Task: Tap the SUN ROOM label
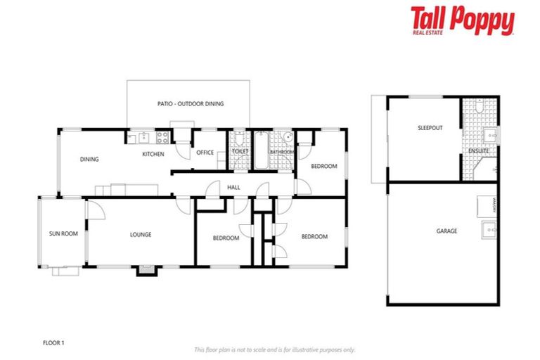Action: pyautogui.click(x=63, y=234)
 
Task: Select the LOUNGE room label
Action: pyautogui.click(x=141, y=235)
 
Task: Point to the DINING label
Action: pyautogui.click(x=89, y=159)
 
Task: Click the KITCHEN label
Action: pyautogui.click(x=153, y=154)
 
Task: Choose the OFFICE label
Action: pyautogui.click(x=205, y=153)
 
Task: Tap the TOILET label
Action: pyautogui.click(x=240, y=151)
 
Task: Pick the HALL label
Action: pyautogui.click(x=233, y=186)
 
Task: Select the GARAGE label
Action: pyautogui.click(x=446, y=231)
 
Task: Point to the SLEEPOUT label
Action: pyautogui.click(x=430, y=129)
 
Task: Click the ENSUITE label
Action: pyautogui.click(x=479, y=150)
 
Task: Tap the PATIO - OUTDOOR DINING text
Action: pyautogui.click(x=191, y=104)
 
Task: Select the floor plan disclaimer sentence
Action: pyautogui.click(x=274, y=349)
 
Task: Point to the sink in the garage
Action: pyautogui.click(x=489, y=229)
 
